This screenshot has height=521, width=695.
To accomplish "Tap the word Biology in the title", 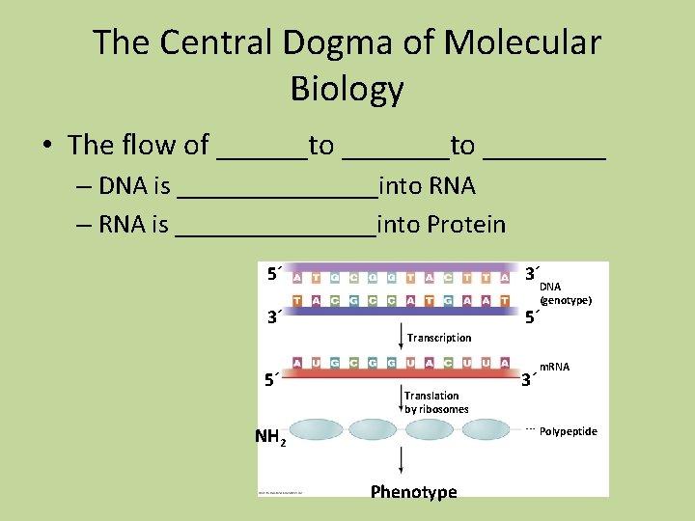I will coord(347,89).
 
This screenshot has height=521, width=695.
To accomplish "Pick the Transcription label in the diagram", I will coord(439,338).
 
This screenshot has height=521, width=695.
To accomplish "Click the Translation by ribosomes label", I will coord(436,402).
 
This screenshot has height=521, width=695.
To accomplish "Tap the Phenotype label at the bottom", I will coord(413,492).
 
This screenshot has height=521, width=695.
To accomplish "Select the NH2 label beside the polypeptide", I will coord(270,436).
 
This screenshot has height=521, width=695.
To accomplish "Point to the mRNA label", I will coord(554,368).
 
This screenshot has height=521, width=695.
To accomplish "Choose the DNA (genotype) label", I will coord(564,293).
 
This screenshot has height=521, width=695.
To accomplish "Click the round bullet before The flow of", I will coord(46,146).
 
